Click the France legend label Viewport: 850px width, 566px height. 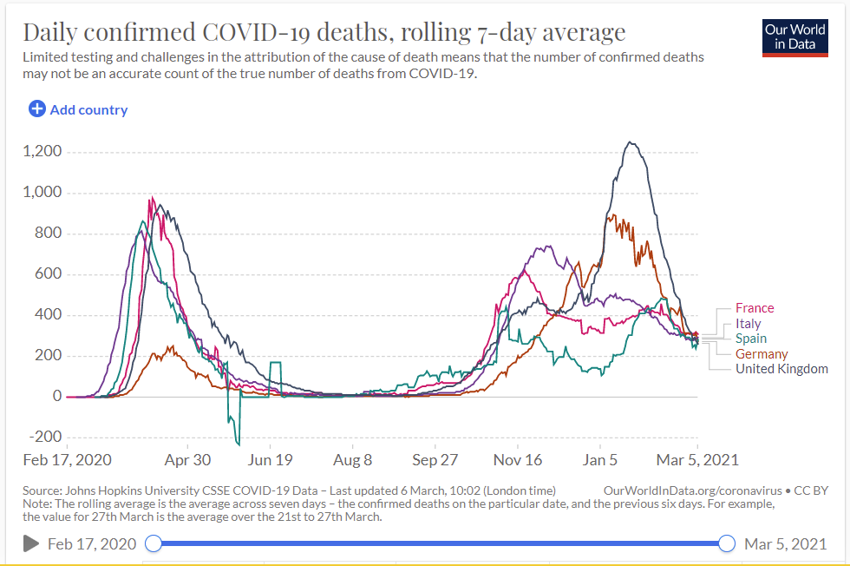coord(755,308)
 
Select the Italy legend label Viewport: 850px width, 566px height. coord(748,324)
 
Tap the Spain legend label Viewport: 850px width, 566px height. coord(751,339)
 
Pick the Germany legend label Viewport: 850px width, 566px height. coord(762,354)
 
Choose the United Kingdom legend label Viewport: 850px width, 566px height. coord(781,369)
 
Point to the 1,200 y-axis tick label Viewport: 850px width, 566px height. coord(41,152)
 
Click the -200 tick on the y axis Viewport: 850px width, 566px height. coord(44,437)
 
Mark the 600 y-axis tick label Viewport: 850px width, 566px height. coord(49,274)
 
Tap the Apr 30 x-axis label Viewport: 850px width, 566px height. coord(187,460)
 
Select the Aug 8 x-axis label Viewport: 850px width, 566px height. coord(353,460)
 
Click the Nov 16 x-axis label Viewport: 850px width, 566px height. coord(518,460)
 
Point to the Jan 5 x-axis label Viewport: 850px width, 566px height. coord(600,460)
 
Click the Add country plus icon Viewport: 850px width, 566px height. coord(37,109)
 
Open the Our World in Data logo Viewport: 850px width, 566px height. coord(794,36)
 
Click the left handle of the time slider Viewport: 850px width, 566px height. coord(154,543)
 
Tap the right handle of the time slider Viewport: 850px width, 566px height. coord(727,543)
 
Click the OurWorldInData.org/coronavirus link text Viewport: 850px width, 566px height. coord(692,490)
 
